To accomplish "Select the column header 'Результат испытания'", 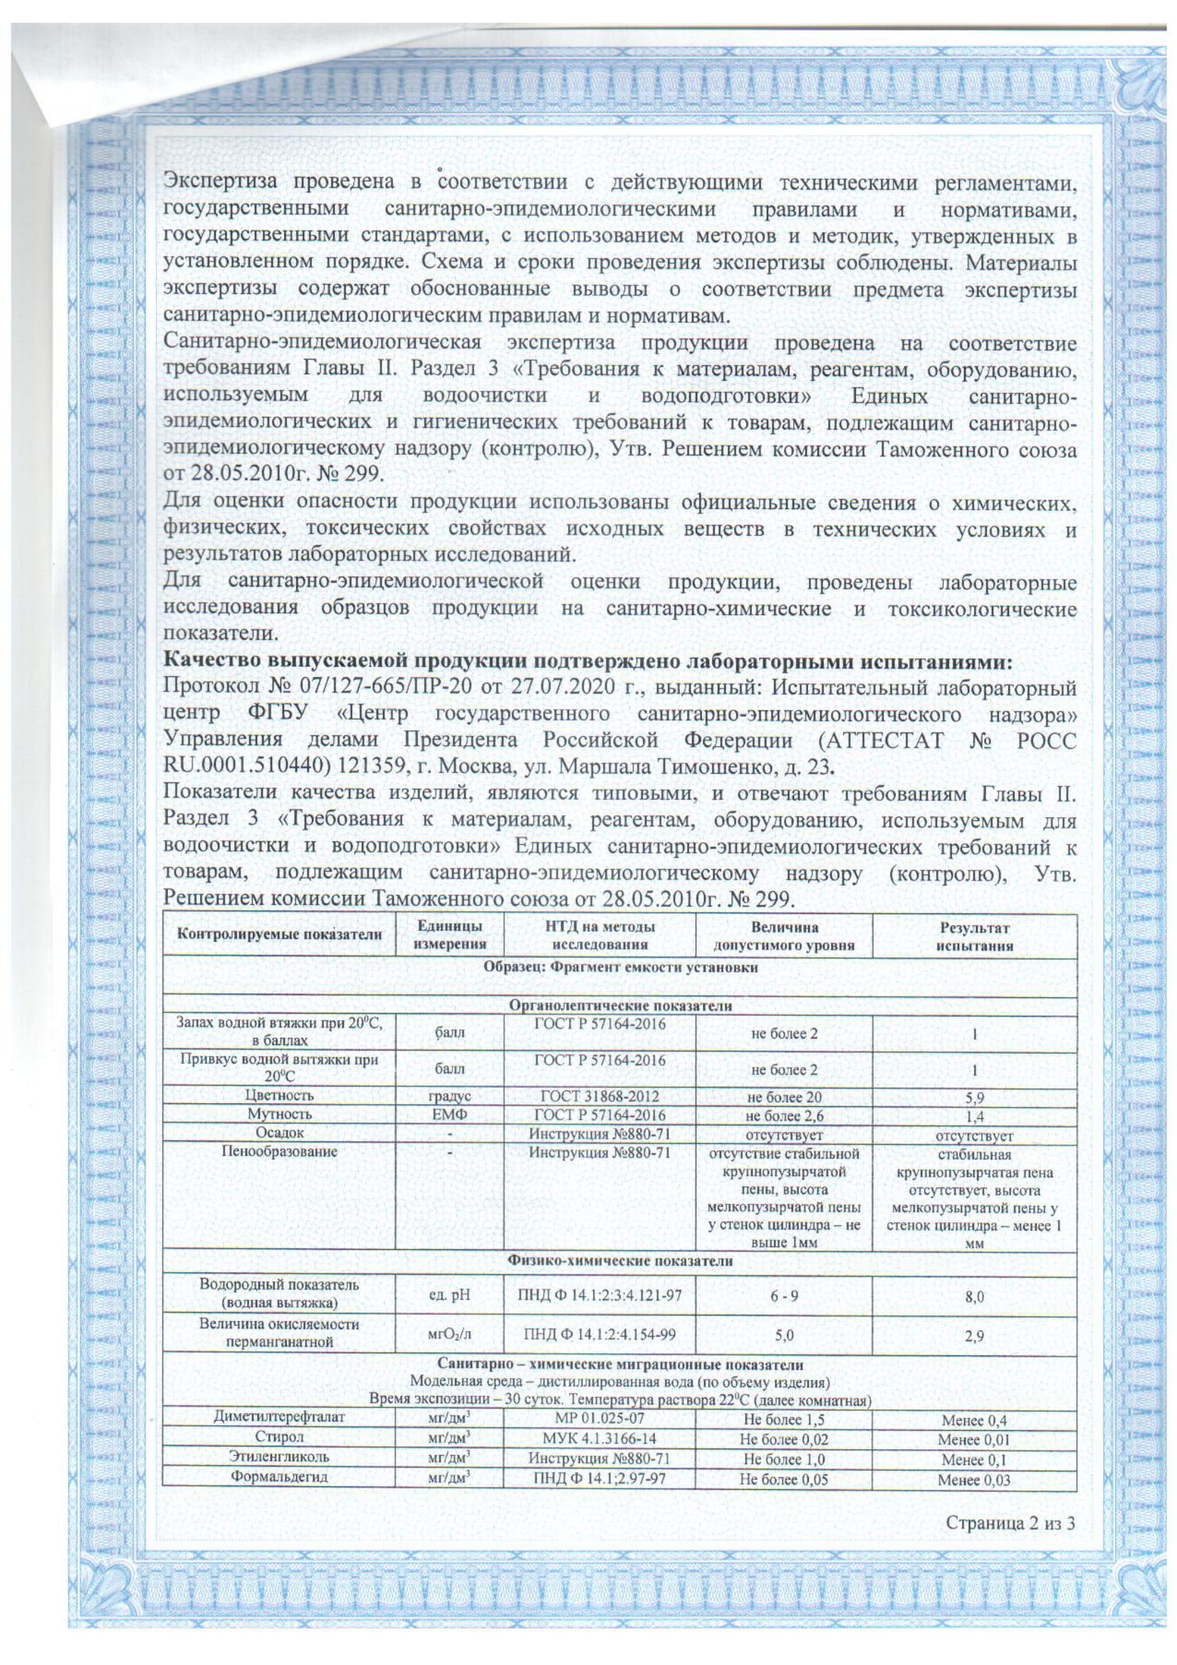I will [x=974, y=936].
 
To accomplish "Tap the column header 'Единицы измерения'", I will [x=449, y=936].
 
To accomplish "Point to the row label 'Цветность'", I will [x=279, y=1096].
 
